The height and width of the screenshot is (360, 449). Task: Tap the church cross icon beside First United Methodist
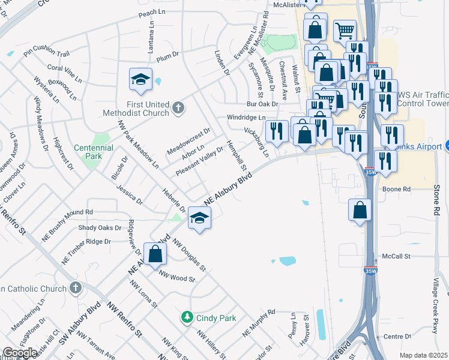point(177,107)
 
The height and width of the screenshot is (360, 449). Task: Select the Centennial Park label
point(89,151)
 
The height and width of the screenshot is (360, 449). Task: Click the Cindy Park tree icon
point(187,317)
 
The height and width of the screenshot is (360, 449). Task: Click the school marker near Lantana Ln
point(140,80)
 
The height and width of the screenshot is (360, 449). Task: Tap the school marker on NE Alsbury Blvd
point(199,218)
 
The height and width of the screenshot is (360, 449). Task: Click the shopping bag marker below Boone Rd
point(360,211)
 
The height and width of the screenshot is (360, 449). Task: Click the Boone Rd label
point(396,189)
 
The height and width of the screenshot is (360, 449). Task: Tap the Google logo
point(20,353)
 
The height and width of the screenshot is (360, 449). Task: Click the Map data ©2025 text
point(423,355)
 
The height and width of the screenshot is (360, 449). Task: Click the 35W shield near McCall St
point(370,271)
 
